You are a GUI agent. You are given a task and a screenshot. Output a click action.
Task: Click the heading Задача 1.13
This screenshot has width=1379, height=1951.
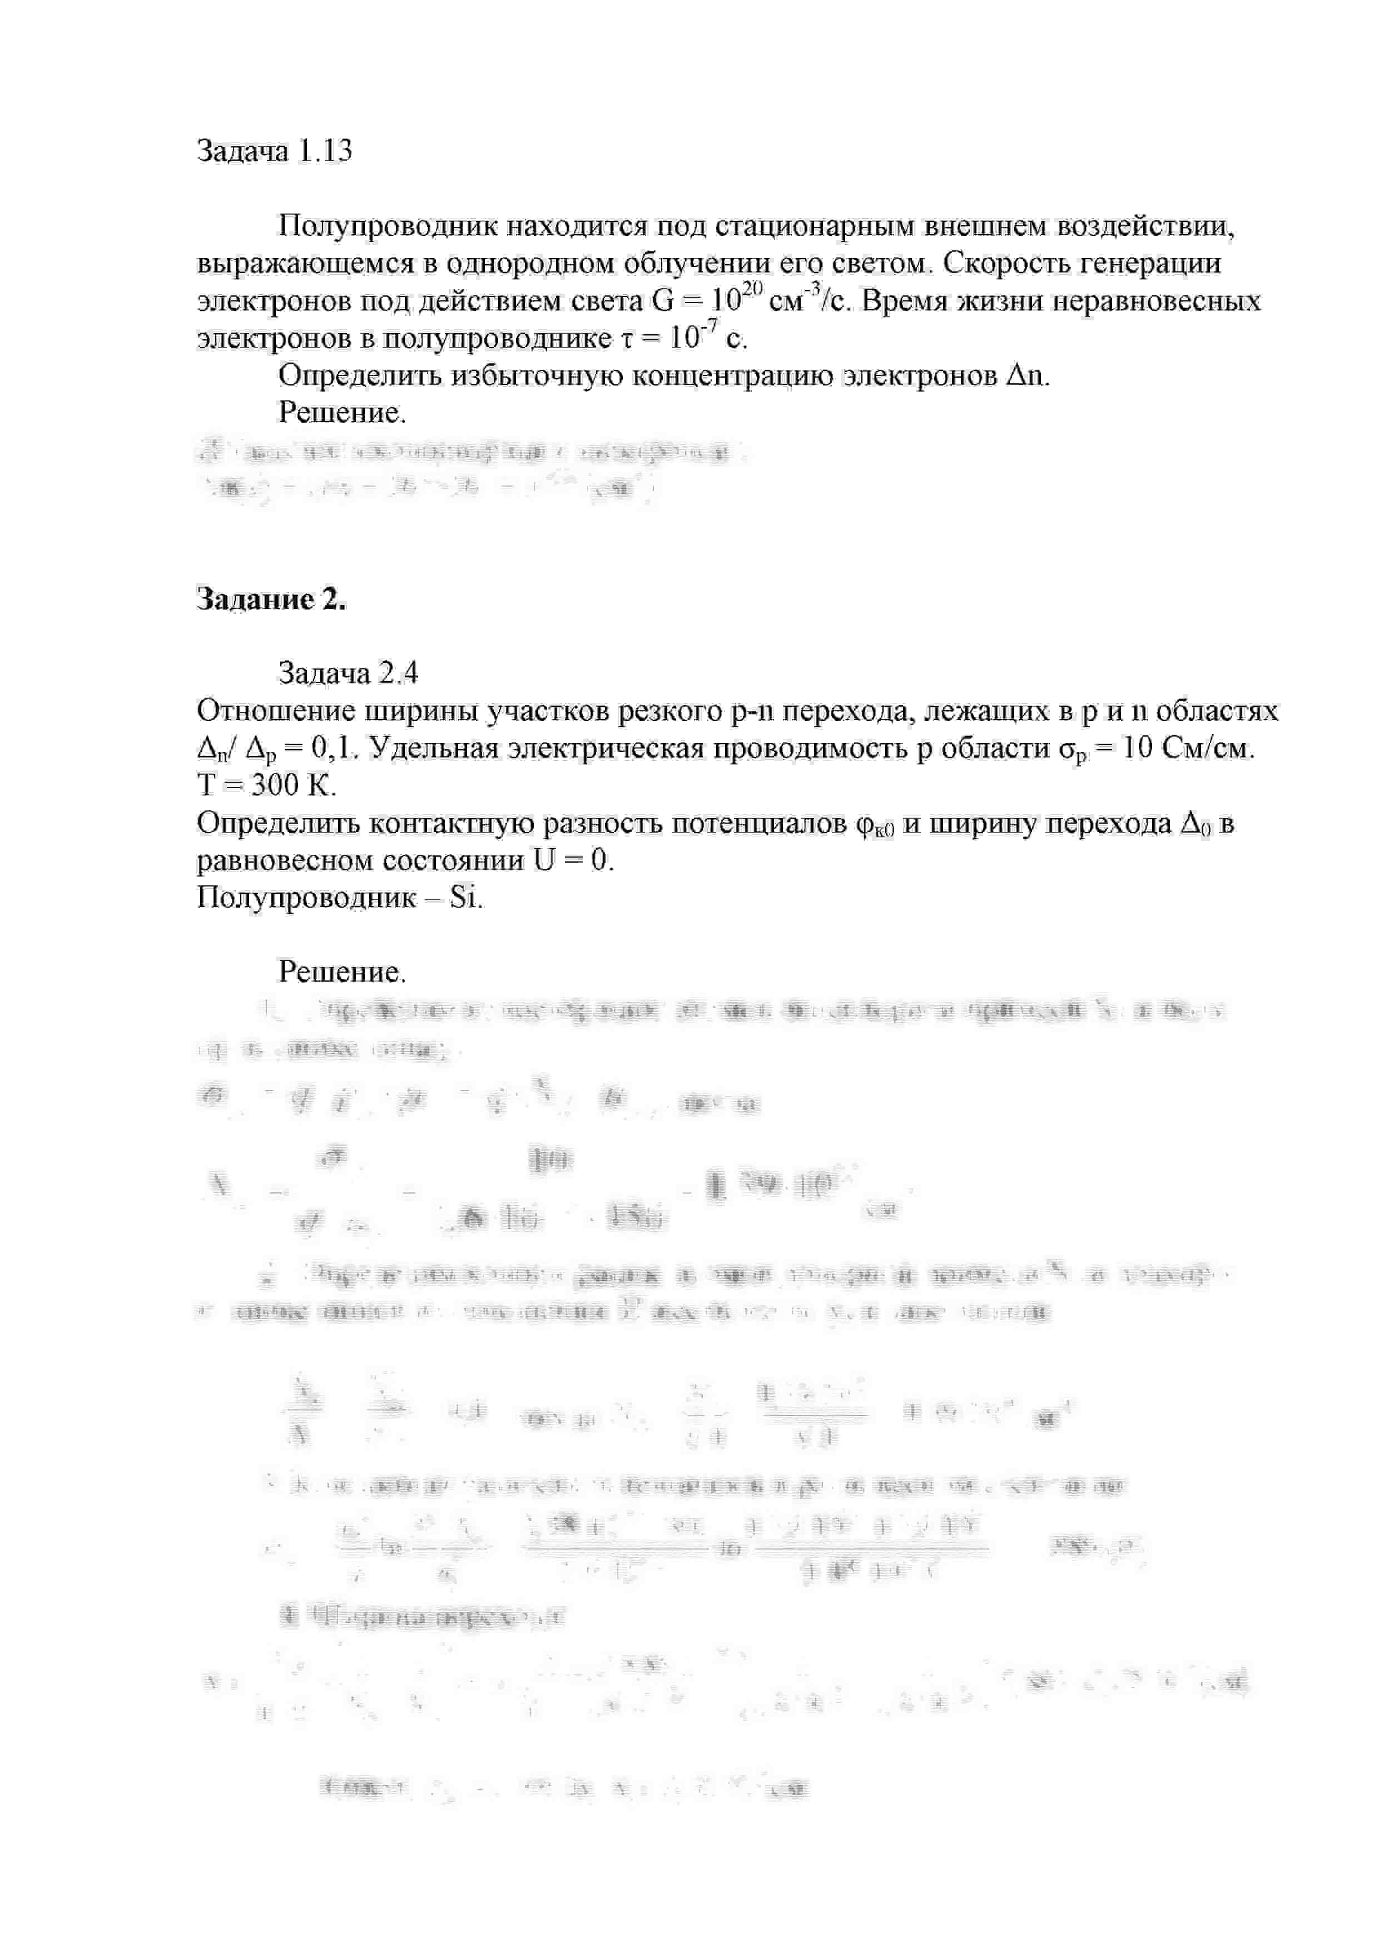(x=274, y=151)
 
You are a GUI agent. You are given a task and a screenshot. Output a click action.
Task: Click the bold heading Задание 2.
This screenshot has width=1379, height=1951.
(x=271, y=600)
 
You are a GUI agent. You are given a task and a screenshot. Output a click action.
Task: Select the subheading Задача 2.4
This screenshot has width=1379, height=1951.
(x=348, y=674)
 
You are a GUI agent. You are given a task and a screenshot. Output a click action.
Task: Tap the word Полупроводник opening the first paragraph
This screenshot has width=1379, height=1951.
(x=388, y=227)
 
